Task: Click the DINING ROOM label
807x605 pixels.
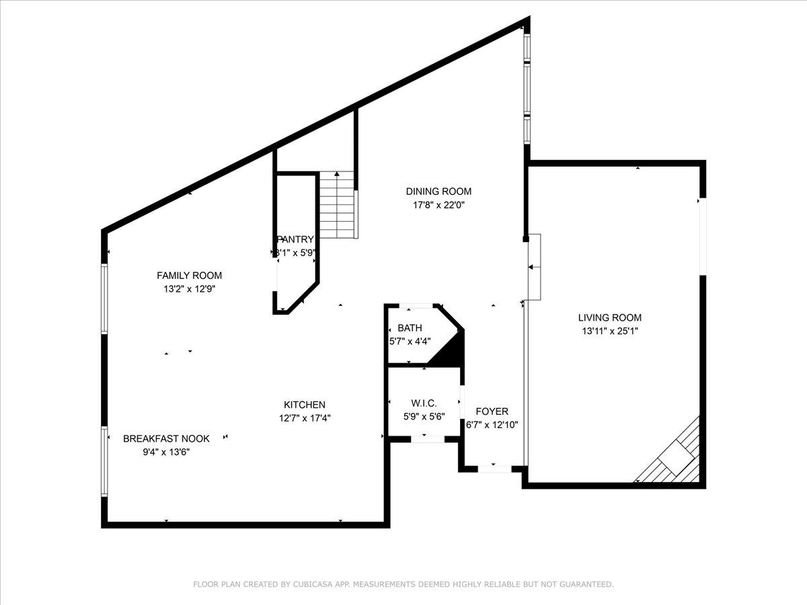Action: click(438, 192)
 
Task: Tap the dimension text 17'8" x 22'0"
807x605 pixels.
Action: click(438, 205)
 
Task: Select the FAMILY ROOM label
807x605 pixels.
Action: click(189, 276)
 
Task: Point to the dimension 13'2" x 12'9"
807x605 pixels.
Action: click(189, 289)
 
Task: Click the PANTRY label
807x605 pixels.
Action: click(296, 239)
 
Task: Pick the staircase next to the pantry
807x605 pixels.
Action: click(337, 204)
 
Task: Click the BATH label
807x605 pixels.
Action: click(410, 328)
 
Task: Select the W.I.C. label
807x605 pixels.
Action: click(424, 403)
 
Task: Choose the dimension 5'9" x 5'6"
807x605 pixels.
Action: click(424, 416)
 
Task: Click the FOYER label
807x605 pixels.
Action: click(492, 411)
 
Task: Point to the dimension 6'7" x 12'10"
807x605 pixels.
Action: click(492, 425)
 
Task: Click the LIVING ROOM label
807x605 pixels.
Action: click(610, 318)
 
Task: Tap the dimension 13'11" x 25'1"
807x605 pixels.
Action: click(610, 331)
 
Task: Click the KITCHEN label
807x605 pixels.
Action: click(305, 405)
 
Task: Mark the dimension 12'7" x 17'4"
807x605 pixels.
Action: click(305, 417)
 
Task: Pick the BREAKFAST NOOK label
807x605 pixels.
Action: click(166, 439)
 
